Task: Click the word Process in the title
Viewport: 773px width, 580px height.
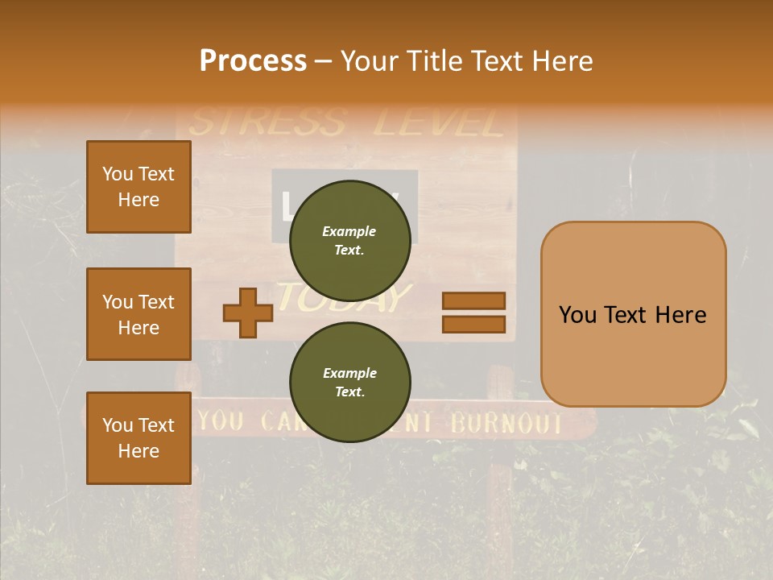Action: click(253, 61)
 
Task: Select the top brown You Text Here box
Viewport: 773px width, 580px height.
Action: click(138, 187)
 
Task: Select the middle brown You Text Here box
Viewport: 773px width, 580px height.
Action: click(138, 314)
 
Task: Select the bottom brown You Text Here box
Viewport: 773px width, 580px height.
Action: click(138, 438)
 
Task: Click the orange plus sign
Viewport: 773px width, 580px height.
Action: click(248, 313)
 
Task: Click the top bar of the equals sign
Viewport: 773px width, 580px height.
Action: click(474, 300)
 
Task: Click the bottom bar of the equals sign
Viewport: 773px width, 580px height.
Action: click(474, 324)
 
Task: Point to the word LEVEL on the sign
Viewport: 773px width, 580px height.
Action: click(439, 123)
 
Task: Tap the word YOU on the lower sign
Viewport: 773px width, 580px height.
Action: click(221, 420)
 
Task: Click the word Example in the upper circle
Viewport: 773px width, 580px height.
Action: click(349, 231)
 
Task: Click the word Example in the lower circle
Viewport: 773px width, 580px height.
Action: click(349, 373)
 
